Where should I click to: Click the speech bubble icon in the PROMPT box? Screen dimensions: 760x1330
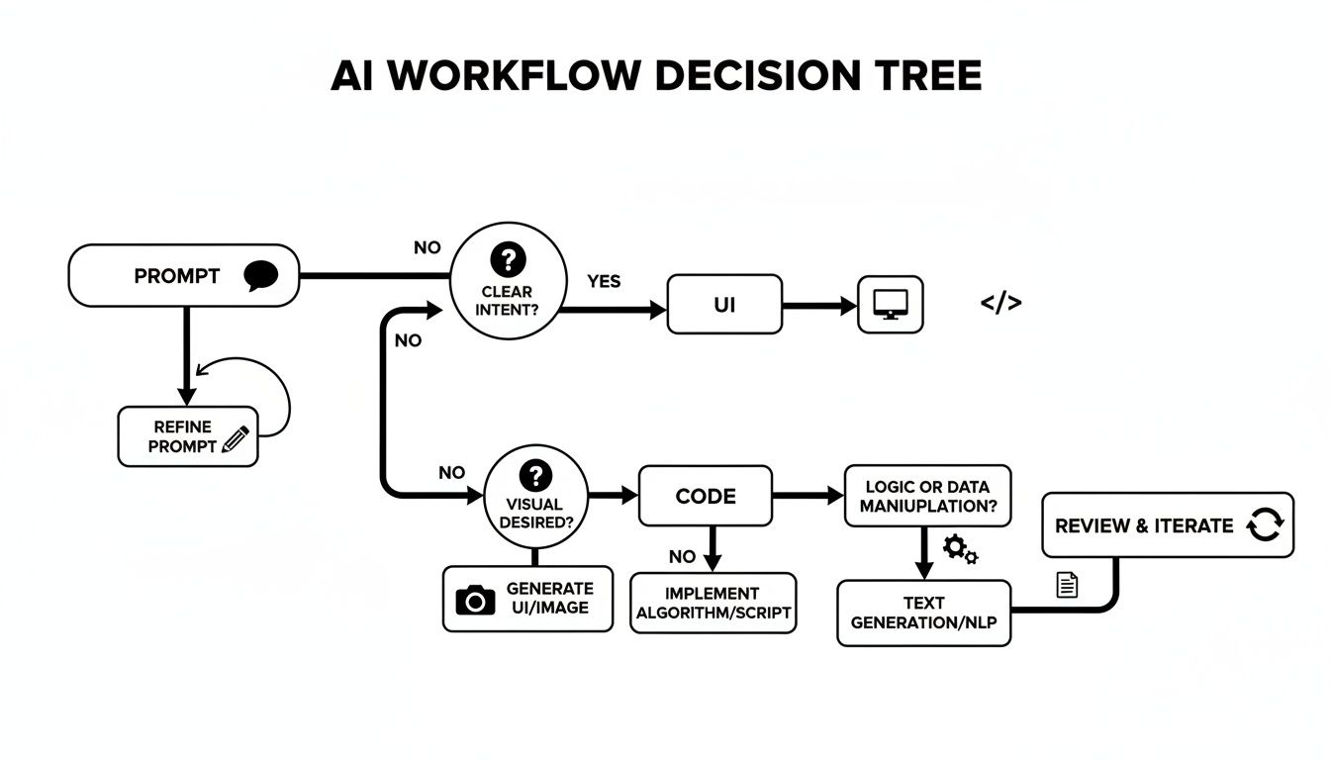click(261, 275)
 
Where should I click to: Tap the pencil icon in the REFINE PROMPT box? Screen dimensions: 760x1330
click(236, 439)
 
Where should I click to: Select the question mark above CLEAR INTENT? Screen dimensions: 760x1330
click(509, 260)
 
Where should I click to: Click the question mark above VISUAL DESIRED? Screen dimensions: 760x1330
click(535, 474)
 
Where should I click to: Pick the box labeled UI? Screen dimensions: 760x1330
click(724, 305)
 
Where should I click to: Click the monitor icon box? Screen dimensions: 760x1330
click(890, 305)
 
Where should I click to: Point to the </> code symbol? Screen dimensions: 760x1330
click(1000, 304)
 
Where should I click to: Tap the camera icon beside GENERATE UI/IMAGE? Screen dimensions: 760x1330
click(475, 599)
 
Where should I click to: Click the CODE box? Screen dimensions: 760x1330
click(705, 496)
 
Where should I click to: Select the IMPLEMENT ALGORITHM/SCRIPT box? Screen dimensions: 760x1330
click(712, 603)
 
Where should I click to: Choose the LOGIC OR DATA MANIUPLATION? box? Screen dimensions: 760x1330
click(927, 496)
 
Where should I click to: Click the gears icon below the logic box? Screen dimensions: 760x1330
click(959, 549)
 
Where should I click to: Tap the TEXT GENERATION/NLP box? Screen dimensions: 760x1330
click(923, 613)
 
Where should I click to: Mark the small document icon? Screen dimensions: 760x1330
click(1067, 585)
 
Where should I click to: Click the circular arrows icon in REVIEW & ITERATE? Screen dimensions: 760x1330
click(1264, 524)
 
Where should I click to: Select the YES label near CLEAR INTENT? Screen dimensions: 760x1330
click(604, 281)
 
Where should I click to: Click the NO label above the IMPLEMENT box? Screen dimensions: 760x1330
click(682, 556)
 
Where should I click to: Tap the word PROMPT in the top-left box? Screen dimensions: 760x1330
click(176, 276)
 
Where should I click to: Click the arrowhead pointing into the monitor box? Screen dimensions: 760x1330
click(847, 306)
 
